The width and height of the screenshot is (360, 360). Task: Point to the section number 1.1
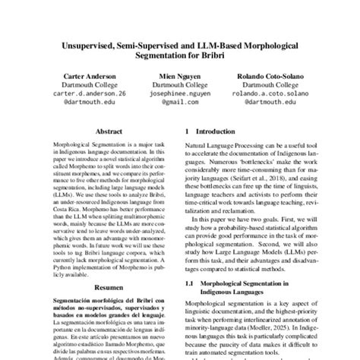coord(192,283)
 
